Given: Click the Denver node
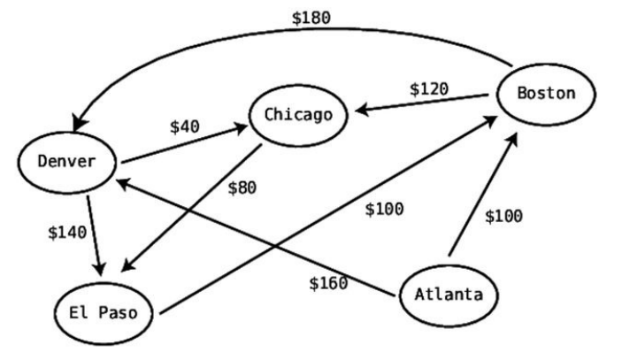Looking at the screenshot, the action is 65,161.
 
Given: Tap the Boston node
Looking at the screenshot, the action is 545,93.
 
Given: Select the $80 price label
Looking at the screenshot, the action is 242,188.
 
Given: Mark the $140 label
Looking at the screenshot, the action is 67,233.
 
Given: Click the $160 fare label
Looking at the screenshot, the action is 327,283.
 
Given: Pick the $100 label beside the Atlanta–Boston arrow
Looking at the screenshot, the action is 503,216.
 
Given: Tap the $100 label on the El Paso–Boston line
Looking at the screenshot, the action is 384,209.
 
